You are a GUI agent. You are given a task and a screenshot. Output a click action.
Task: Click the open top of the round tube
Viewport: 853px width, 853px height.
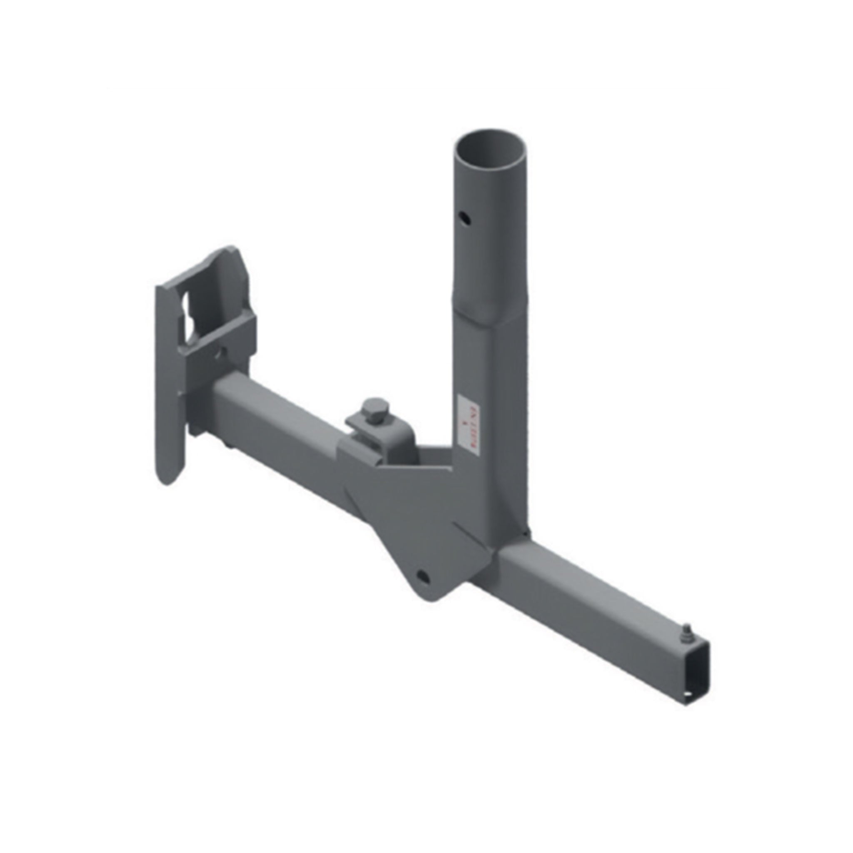[x=491, y=152]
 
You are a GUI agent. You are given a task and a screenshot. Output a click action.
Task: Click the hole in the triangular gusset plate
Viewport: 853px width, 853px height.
[x=422, y=575]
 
